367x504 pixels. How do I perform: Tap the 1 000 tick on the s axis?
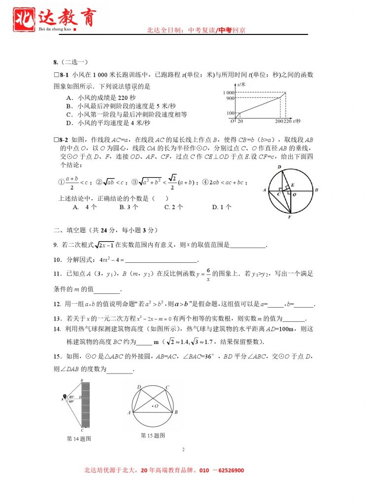coord(228,93)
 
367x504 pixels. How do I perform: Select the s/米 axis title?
coord(241,85)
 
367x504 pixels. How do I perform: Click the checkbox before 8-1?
coord(56,75)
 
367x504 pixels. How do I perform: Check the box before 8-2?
coord(56,140)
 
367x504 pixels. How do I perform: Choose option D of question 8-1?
coord(108,123)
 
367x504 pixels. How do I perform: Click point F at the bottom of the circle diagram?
coord(290,217)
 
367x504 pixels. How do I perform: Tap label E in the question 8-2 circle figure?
coord(292,185)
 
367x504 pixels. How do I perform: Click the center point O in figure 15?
coord(153,406)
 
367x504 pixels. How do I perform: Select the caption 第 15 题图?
coord(153,435)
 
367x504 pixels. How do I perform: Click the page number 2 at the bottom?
coord(183,449)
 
